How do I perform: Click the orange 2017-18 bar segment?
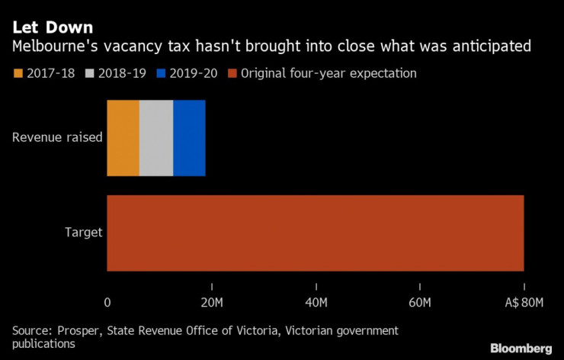tap(123, 138)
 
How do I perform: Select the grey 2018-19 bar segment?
tap(156, 138)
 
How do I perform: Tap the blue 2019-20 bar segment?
tap(189, 138)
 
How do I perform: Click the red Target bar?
tap(315, 233)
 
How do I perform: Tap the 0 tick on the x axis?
tap(107, 303)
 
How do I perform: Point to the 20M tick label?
tap(211, 303)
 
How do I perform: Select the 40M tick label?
tap(316, 303)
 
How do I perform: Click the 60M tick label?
tap(420, 303)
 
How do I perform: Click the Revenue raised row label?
tap(57, 138)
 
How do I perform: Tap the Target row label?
tap(84, 233)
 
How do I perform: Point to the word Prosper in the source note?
tap(75, 330)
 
